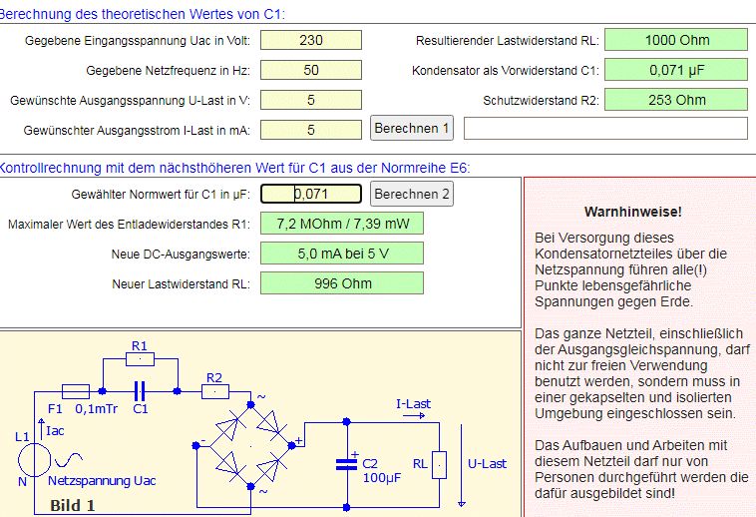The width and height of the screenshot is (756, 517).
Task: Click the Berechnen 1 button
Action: [x=412, y=128]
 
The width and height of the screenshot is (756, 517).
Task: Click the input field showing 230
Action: [x=311, y=40]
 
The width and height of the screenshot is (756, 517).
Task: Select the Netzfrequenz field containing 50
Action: [x=311, y=70]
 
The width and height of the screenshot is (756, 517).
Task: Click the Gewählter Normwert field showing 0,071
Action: [x=311, y=194]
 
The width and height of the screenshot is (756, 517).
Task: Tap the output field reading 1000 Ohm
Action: [x=676, y=40]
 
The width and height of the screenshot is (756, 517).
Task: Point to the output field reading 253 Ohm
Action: [x=676, y=100]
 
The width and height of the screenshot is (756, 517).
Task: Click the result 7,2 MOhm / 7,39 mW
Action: [x=342, y=224]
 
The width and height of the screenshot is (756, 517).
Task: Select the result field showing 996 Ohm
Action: [x=342, y=283]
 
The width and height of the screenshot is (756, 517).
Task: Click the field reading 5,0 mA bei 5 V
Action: [x=342, y=254]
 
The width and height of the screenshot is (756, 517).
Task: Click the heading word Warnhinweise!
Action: [x=633, y=212]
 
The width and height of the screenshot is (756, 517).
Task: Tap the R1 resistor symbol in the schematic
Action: [x=140, y=359]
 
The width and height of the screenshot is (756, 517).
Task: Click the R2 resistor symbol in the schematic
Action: [x=215, y=391]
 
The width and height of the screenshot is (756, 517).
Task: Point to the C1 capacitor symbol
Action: [x=140, y=391]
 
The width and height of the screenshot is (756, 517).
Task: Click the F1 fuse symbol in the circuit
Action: [x=76, y=391]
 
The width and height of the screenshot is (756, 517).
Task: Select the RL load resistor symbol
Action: [x=439, y=465]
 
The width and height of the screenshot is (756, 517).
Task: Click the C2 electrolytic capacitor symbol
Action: [x=347, y=464]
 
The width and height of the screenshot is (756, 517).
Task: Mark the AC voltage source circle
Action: [x=34, y=459]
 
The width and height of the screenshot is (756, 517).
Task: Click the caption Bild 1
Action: [x=73, y=505]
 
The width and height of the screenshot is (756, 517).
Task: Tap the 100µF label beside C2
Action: [x=382, y=478]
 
